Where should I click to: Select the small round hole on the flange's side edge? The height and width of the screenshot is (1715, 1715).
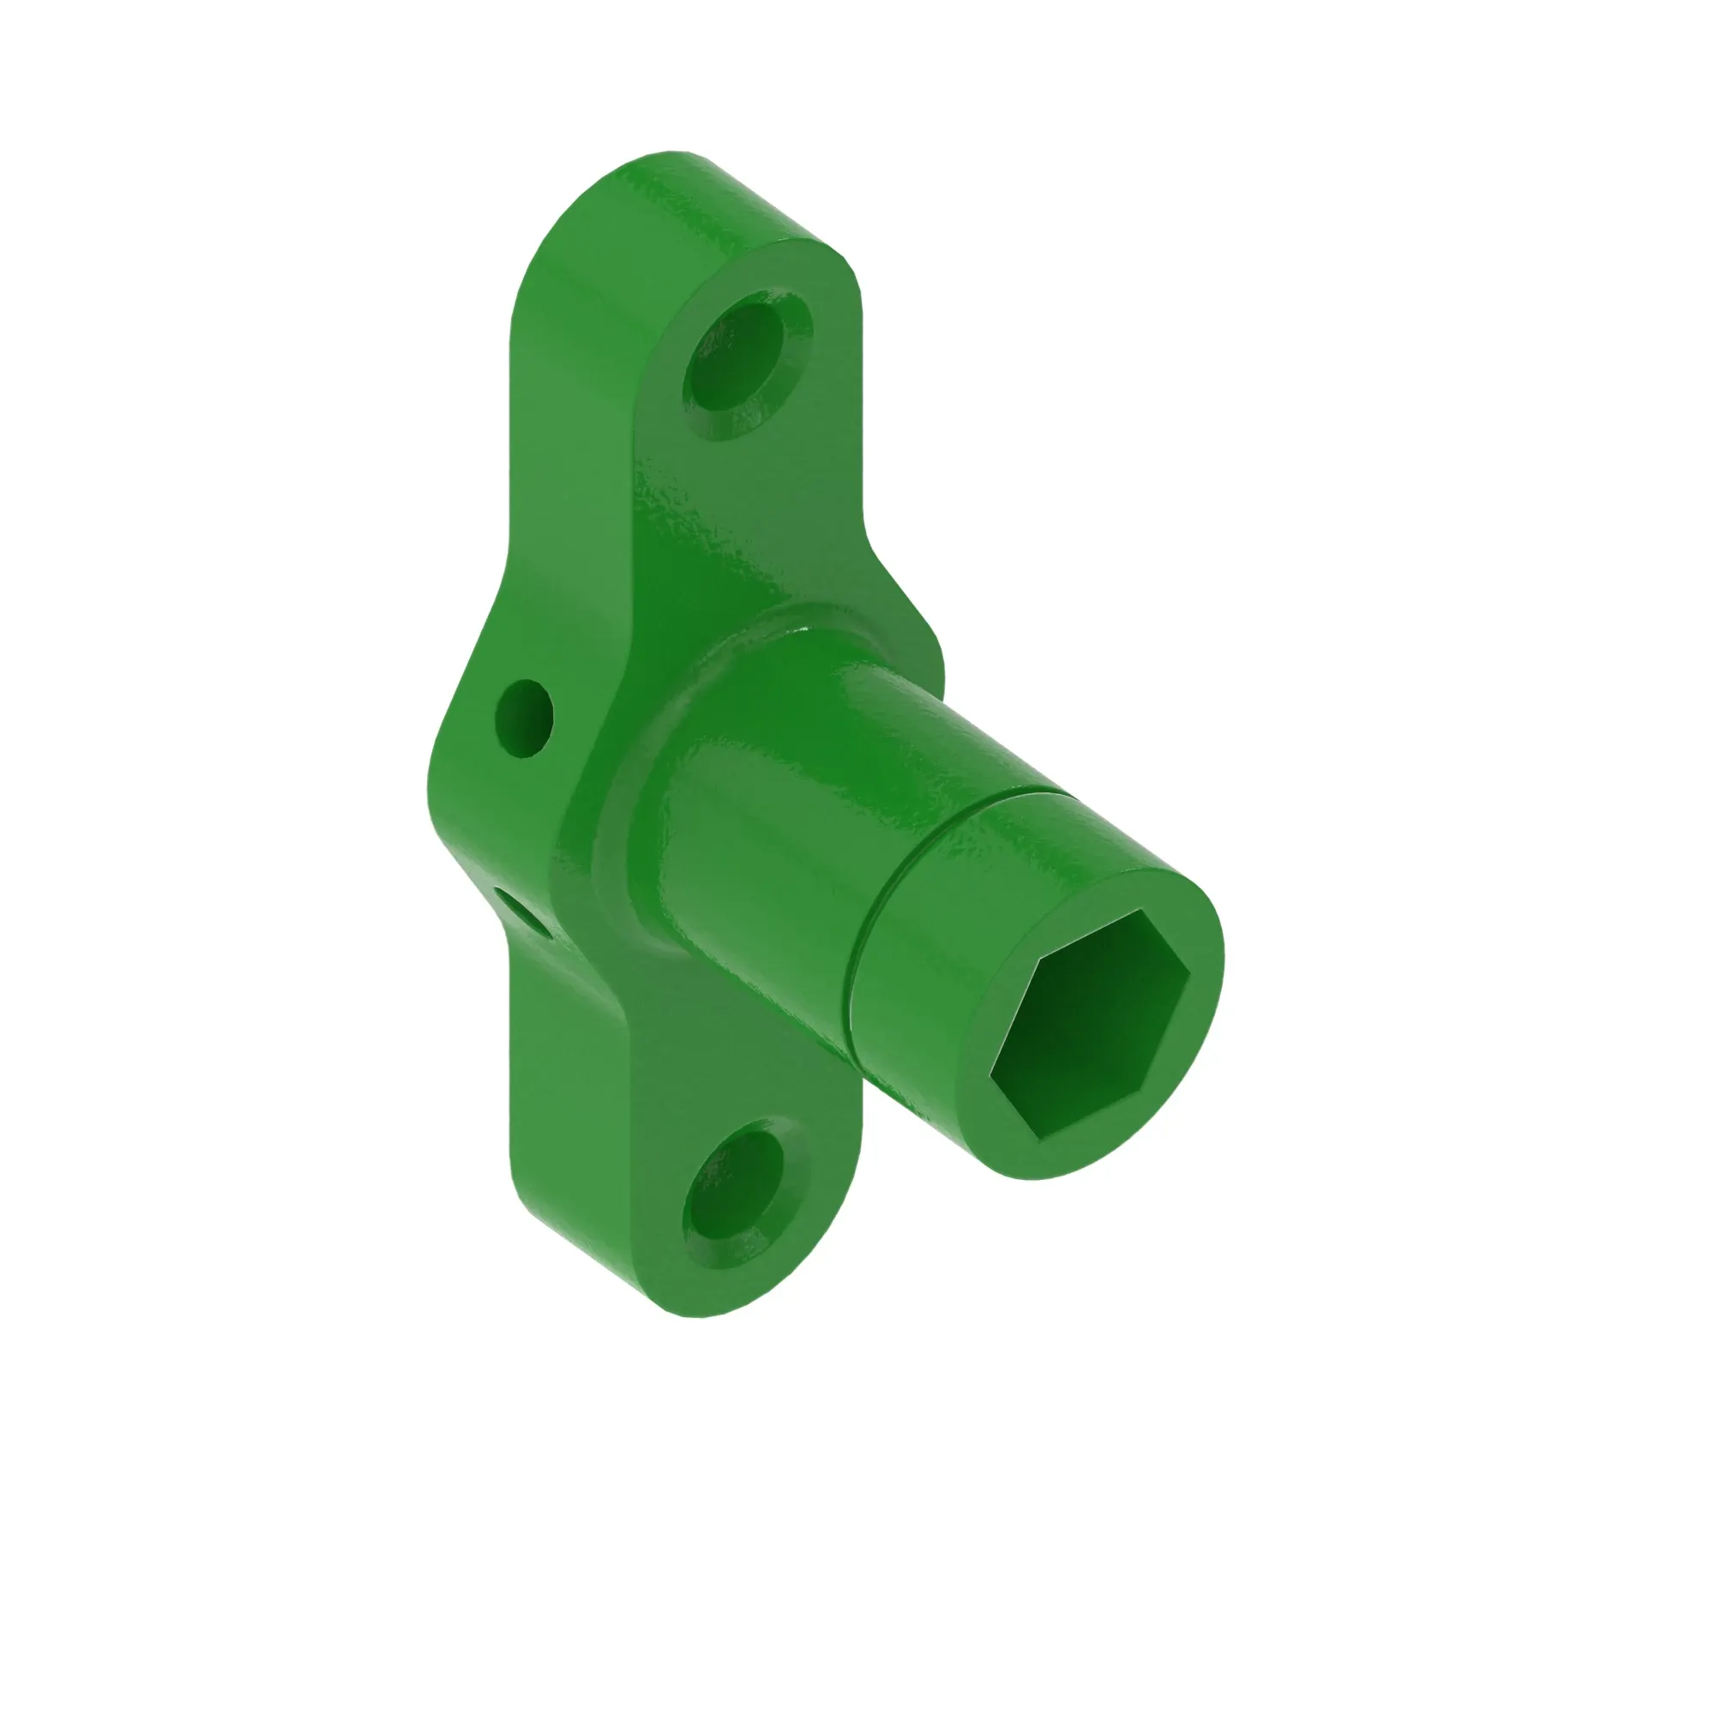pos(524,718)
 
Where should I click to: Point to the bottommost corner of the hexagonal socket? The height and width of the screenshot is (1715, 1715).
pos(1035,1136)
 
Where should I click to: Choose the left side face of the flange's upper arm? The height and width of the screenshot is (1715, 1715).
pos(569,400)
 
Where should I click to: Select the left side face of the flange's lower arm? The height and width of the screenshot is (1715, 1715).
pos(569,1110)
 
